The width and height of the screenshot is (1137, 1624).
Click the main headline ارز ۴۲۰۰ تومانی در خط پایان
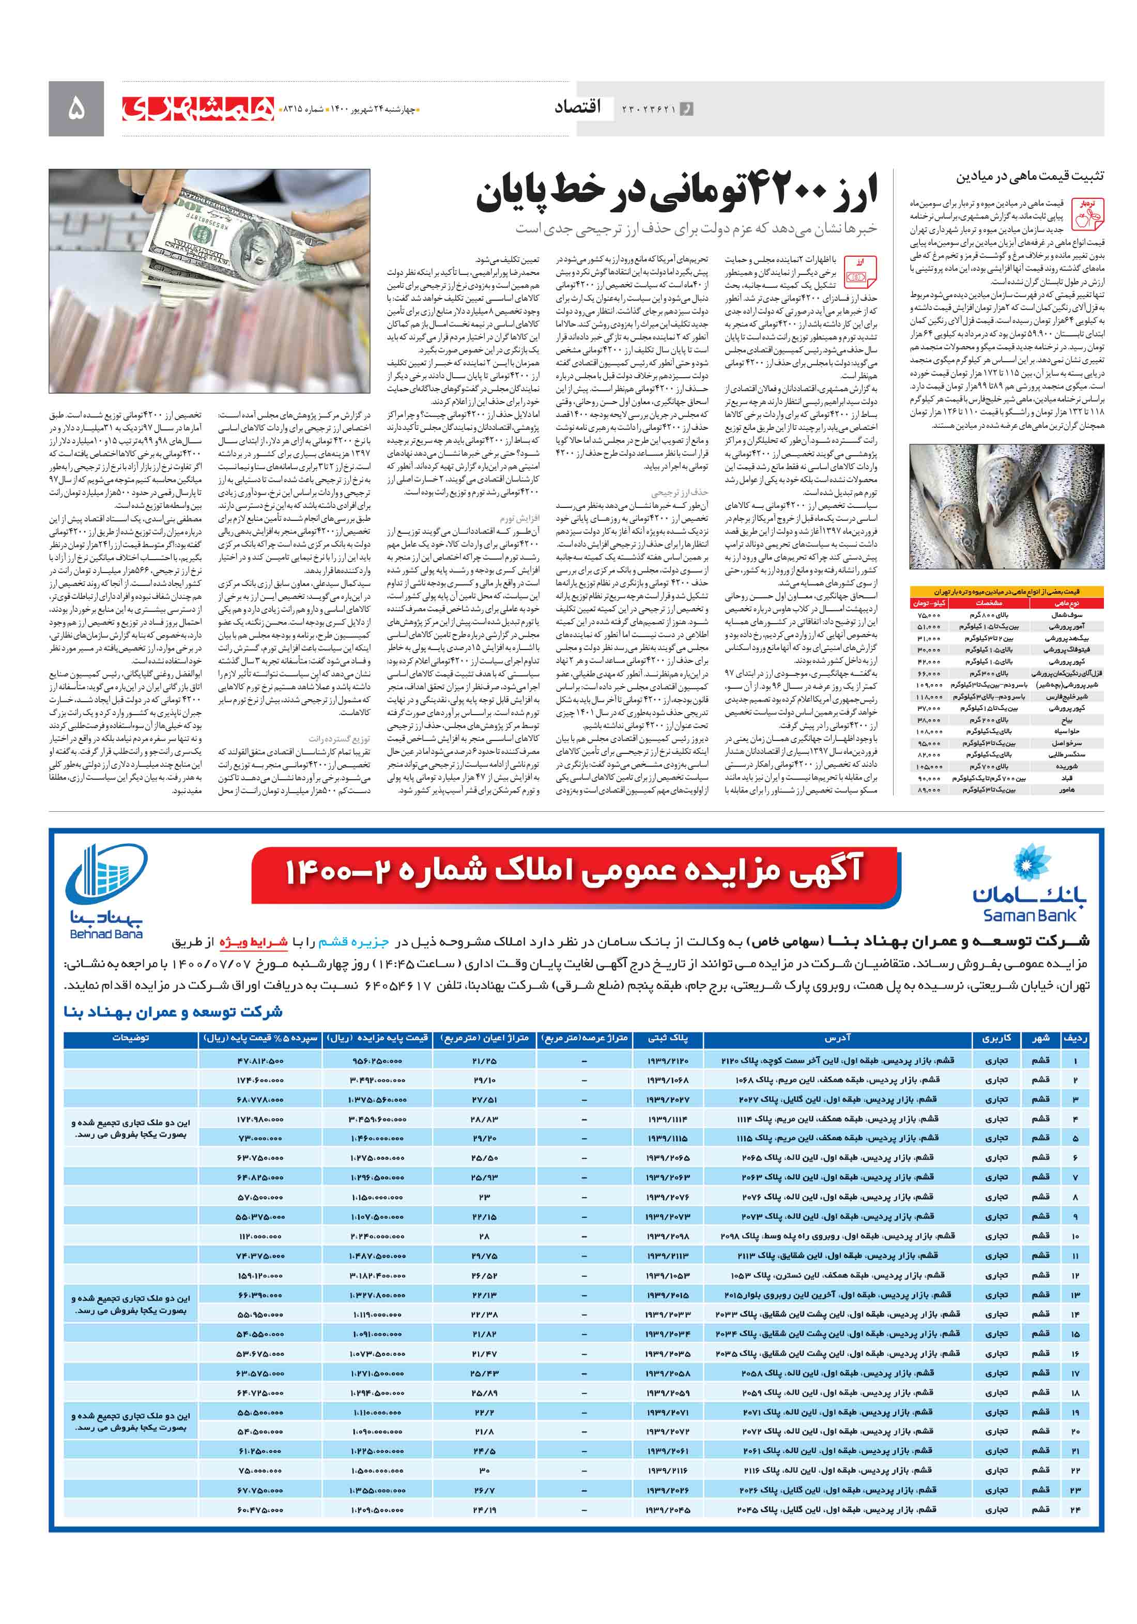coord(677,192)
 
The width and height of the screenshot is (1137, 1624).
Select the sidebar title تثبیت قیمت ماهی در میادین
coord(1030,176)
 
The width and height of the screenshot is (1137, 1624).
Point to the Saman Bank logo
coord(1030,884)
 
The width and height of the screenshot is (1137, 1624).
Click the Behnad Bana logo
coord(106,891)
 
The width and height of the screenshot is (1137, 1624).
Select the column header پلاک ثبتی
coord(667,1039)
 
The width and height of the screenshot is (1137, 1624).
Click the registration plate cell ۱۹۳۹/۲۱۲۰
coord(667,1060)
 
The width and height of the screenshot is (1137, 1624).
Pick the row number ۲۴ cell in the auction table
coord(1075,1509)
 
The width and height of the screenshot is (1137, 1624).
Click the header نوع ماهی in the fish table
coord(1066,604)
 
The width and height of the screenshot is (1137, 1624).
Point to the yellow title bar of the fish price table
coord(1006,591)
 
